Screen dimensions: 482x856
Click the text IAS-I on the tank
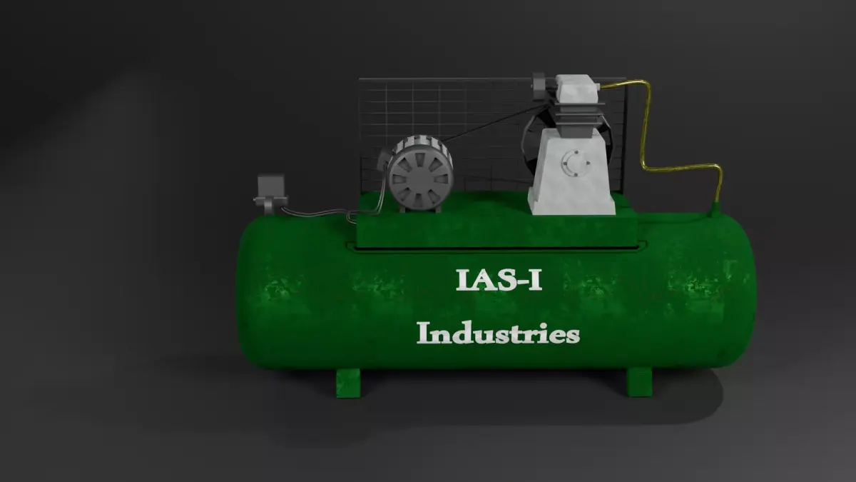click(499, 280)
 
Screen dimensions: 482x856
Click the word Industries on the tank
click(498, 333)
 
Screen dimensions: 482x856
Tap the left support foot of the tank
click(348, 382)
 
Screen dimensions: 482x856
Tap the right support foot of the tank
click(639, 382)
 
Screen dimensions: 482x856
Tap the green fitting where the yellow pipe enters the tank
click(715, 208)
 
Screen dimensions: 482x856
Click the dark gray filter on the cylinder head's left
click(539, 84)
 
